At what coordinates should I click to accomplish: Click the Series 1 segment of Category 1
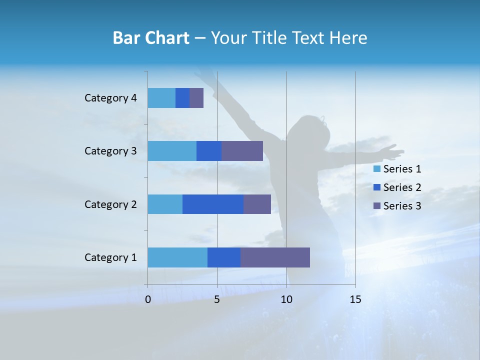coord(177,257)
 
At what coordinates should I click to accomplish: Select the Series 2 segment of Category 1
coord(224,257)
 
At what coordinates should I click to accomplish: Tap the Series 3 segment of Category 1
coord(275,257)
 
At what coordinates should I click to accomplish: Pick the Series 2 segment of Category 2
coord(213,204)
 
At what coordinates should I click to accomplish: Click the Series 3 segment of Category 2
coord(257,204)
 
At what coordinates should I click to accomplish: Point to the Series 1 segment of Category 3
coord(172,151)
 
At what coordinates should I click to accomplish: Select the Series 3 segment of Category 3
coord(242,151)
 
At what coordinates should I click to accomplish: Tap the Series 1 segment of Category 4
coord(161,98)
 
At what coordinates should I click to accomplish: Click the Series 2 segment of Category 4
coord(182,98)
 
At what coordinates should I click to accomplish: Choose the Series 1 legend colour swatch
coord(377,169)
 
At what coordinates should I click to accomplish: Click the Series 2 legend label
coord(402,187)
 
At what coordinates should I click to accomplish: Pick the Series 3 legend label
coord(402,206)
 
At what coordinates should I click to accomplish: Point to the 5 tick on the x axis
coord(217,299)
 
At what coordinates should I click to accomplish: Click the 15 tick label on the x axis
coord(355,299)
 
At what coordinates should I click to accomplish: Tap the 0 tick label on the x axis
coord(148,299)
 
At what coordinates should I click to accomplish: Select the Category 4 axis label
coord(110,98)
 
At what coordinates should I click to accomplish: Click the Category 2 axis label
coord(110,204)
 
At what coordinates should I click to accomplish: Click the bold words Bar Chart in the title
coord(151,38)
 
